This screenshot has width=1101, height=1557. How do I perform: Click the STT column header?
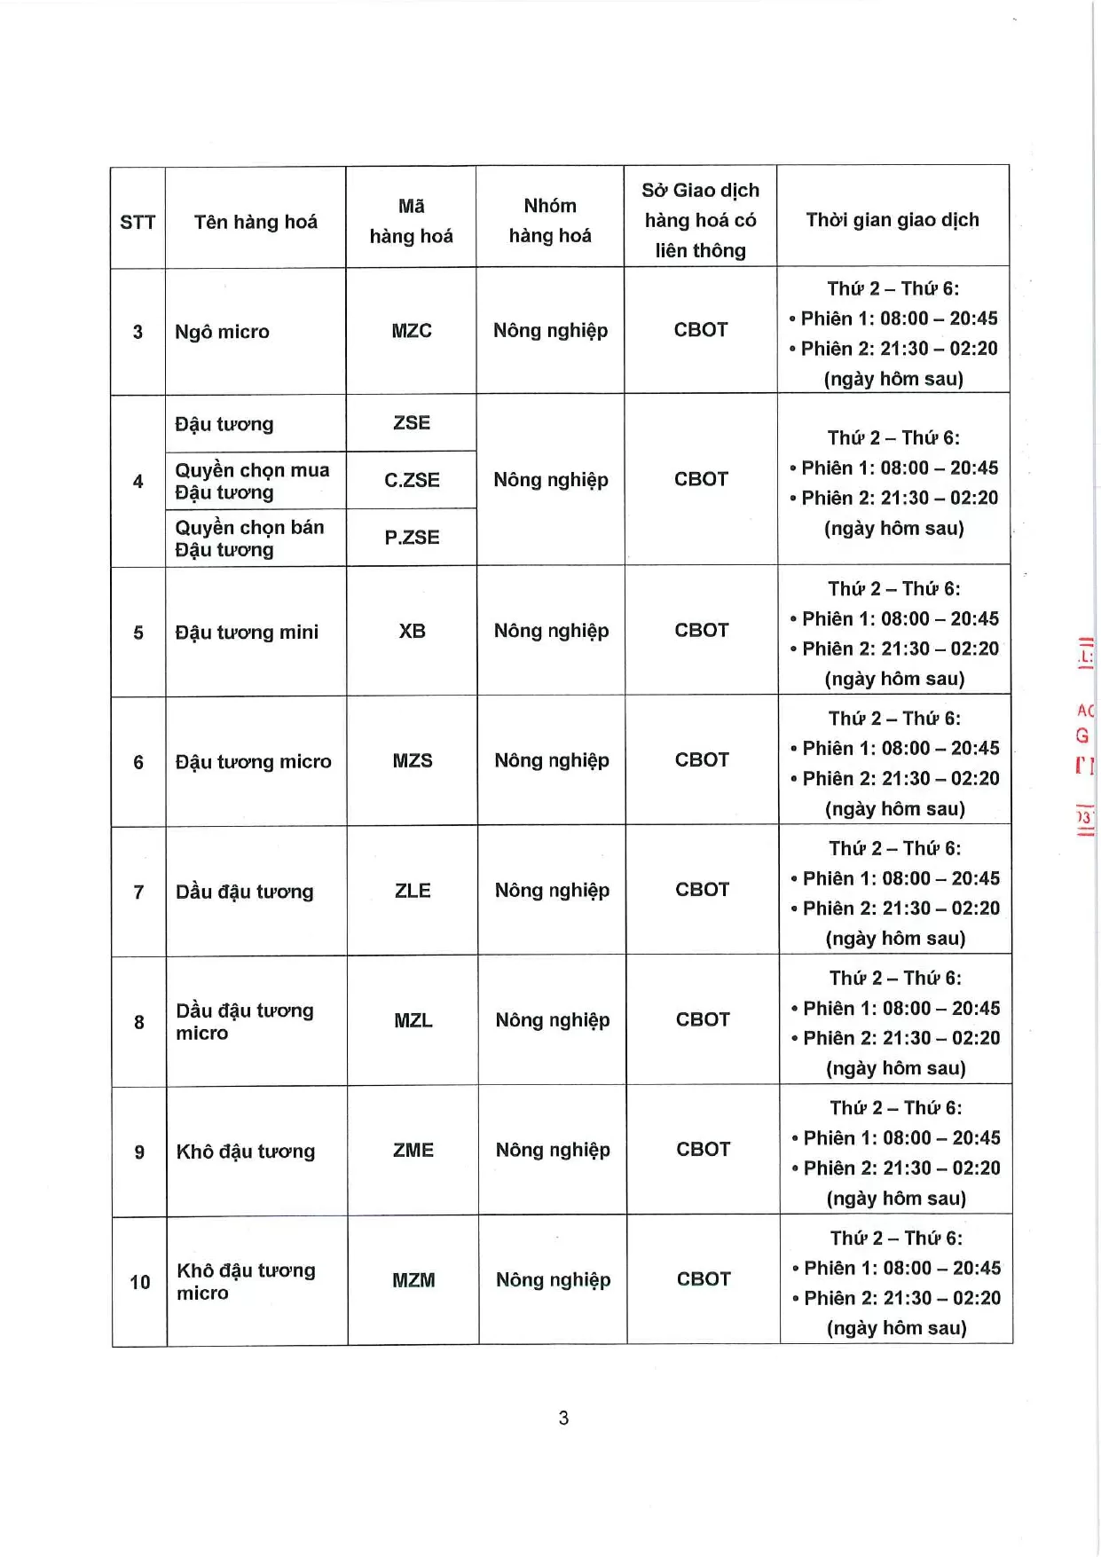point(138,222)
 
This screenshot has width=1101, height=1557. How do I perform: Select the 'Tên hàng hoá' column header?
point(256,222)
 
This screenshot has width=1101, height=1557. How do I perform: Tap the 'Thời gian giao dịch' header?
point(893,220)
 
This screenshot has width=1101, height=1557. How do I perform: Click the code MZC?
point(412,331)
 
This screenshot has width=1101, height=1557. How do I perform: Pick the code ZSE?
point(412,423)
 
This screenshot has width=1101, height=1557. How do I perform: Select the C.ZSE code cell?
point(412,480)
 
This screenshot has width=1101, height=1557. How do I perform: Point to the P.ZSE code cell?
point(412,537)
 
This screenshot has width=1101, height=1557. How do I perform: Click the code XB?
point(412,631)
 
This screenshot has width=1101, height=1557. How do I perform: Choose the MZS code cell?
point(413,760)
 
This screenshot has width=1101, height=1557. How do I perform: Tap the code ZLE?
point(413,891)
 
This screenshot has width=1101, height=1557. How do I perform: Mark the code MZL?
point(413,1020)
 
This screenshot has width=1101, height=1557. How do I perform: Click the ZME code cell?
point(413,1150)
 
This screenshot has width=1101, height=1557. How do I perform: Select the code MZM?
point(413,1280)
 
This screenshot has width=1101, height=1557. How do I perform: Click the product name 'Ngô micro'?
point(222,332)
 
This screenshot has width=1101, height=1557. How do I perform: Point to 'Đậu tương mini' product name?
point(247,632)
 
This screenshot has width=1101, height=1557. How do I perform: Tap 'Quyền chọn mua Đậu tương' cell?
point(252,481)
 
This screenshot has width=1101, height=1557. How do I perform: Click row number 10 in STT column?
point(140,1282)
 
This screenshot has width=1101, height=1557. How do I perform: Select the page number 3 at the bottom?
point(563,1418)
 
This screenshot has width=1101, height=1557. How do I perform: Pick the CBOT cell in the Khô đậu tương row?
point(704,1149)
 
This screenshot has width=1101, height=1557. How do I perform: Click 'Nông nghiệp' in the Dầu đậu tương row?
point(552,890)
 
